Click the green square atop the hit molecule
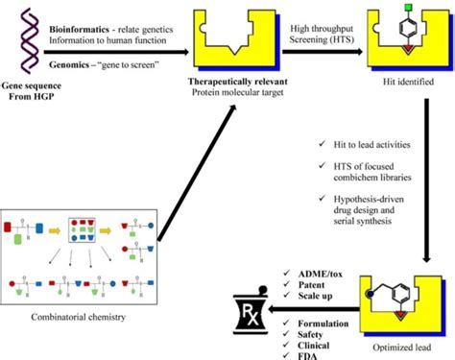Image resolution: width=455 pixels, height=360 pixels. pos(407,11)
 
